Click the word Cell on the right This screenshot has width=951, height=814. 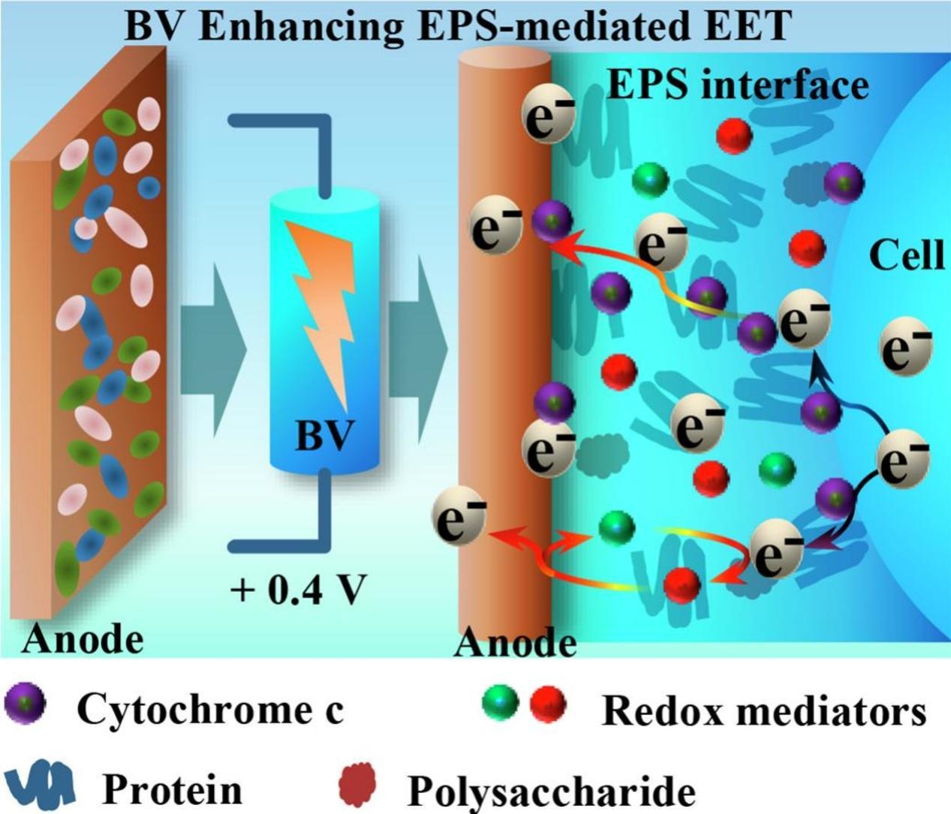point(907,256)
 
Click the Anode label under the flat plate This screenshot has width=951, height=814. point(83,640)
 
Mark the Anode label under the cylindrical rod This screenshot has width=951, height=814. point(516,644)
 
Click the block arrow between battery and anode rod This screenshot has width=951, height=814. point(417,347)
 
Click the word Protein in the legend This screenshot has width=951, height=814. point(173,788)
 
